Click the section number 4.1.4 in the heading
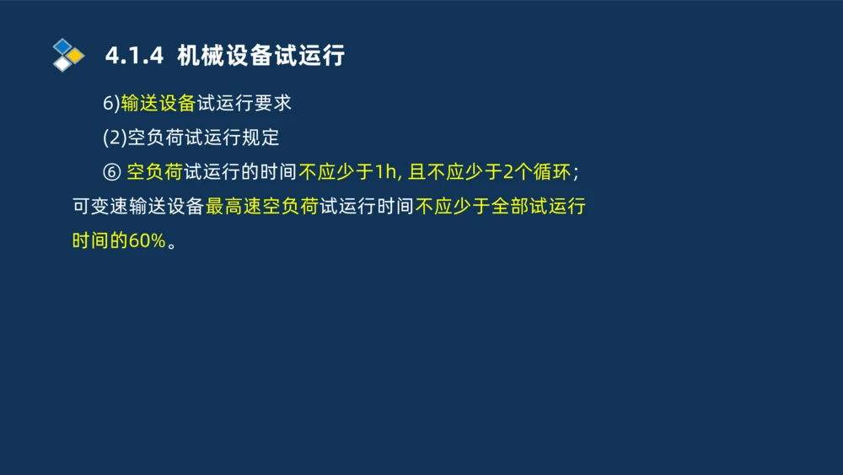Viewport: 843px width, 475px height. click(133, 57)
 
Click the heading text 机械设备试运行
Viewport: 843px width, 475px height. click(260, 57)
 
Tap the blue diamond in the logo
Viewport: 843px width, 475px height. click(62, 46)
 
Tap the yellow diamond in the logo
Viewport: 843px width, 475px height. click(76, 56)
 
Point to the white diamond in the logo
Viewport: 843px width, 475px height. click(62, 64)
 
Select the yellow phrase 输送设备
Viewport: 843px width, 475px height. click(158, 103)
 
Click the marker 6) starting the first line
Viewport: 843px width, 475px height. click(111, 103)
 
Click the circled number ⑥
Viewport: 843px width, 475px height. click(111, 172)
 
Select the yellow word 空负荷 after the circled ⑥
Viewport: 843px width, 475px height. click(154, 172)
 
